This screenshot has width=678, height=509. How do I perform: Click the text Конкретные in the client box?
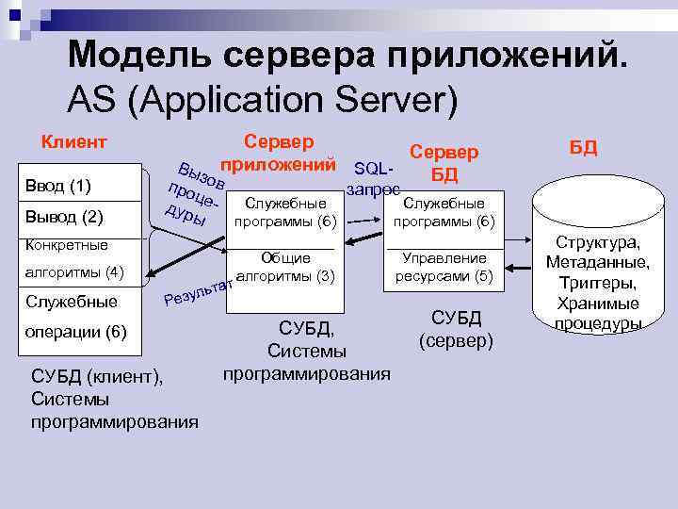(69, 245)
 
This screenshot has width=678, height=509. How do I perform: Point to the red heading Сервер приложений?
(279, 154)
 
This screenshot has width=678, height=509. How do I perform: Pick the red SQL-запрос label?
(372, 178)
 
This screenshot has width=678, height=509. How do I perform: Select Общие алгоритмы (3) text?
(284, 267)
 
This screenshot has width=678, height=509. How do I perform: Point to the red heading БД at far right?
(584, 149)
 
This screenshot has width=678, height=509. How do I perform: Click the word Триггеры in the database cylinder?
(598, 283)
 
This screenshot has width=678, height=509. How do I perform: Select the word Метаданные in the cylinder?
(598, 262)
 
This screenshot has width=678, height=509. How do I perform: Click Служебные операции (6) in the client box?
(75, 317)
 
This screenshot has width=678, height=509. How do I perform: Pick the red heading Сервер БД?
(444, 163)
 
